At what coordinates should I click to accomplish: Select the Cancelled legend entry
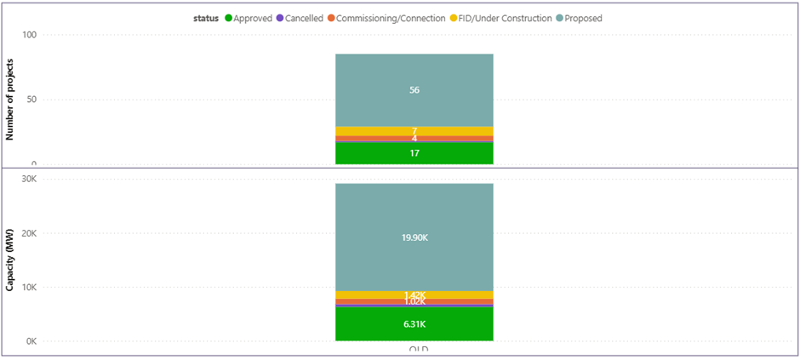coord(304,18)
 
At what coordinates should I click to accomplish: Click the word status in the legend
coord(205,18)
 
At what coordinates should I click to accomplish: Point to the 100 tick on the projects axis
coord(30,35)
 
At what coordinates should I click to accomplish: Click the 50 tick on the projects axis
coord(32,100)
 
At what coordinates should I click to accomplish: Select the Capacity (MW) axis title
coord(11,259)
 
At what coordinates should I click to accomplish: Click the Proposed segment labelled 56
coord(414,90)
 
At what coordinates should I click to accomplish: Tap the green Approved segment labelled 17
coord(414,153)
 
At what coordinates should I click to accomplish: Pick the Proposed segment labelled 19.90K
coord(414,237)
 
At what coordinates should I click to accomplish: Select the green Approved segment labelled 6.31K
coord(414,324)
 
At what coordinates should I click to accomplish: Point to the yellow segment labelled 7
coord(414,130)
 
